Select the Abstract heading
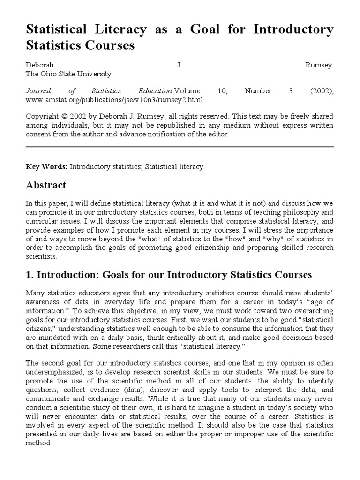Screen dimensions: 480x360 45,185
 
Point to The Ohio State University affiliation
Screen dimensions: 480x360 68,74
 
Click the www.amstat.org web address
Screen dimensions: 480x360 114,100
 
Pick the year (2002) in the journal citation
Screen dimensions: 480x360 321,91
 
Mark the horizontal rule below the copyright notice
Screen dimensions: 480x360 180,147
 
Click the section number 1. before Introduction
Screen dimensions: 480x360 29,274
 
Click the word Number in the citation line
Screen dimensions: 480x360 258,91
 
